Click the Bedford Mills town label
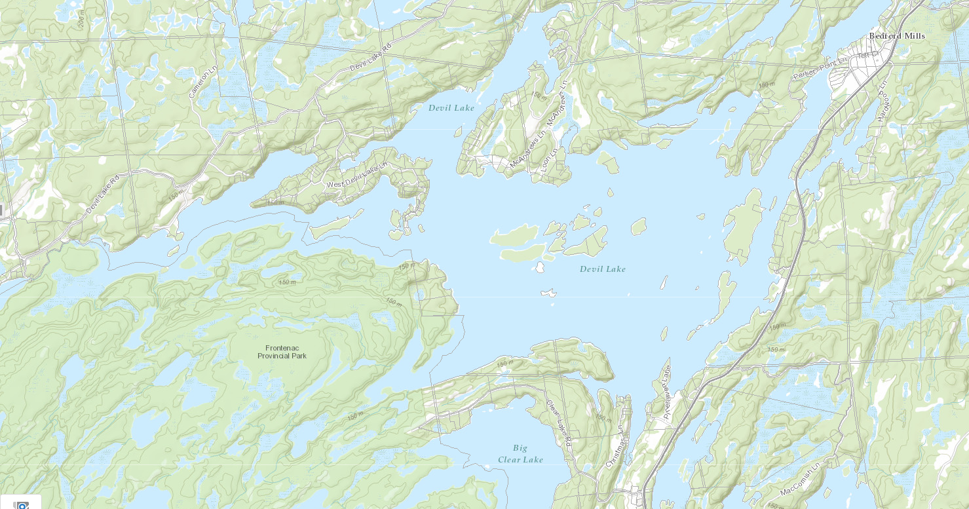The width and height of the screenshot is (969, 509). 896,36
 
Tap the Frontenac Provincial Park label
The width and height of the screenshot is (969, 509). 282,352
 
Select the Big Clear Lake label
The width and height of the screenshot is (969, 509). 520,454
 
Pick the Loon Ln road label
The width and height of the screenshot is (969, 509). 549,159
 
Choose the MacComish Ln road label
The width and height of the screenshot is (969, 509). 800,481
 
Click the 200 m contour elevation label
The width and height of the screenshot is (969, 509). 81,19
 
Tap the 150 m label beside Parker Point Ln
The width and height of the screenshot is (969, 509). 766,85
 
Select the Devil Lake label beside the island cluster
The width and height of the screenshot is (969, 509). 602,269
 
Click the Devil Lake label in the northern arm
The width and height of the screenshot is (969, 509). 451,107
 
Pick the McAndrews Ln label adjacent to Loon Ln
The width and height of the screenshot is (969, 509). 527,153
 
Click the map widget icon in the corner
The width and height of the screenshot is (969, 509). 22,505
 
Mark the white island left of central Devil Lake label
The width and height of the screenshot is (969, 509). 541,267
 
